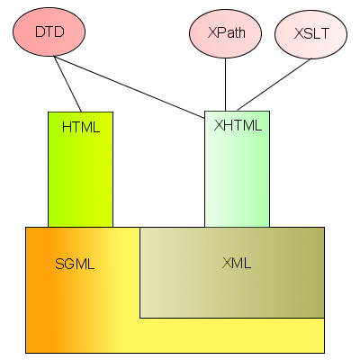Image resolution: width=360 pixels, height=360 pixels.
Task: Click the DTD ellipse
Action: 49,31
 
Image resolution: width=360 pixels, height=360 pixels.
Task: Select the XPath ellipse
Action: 225,32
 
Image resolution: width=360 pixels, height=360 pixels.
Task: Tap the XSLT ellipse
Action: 311,34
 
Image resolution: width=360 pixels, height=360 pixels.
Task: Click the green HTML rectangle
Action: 80,169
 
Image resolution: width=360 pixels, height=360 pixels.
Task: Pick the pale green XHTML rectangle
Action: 237,169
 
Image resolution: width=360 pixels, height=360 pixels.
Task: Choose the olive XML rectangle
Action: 232,273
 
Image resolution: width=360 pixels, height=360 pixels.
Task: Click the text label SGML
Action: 75,264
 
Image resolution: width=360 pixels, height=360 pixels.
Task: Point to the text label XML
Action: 237,263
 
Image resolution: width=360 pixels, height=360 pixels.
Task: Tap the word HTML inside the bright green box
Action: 81,128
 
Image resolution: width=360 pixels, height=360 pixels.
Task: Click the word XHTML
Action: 238,125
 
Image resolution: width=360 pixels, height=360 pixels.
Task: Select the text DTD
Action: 49,31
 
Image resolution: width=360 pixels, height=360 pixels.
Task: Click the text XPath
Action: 227,32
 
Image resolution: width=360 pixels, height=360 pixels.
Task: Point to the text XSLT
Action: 311,33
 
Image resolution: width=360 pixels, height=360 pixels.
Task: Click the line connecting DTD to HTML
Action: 67,84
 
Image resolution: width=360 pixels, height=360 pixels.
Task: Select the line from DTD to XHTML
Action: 130,87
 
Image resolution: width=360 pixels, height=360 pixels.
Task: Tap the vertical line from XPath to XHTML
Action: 225,85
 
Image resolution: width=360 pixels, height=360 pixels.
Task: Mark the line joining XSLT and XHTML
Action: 274,85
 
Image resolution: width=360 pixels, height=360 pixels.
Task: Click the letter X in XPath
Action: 211,33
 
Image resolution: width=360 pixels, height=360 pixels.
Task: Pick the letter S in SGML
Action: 59,264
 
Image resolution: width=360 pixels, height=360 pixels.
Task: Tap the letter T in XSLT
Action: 325,34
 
